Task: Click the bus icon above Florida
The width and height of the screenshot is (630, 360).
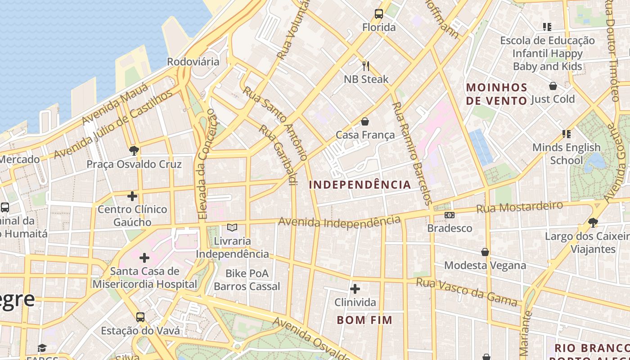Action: point(379,14)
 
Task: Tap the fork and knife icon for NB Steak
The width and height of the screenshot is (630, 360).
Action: point(366,66)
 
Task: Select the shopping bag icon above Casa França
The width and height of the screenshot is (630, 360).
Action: point(365,121)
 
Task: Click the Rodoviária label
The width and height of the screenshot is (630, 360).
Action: point(193,62)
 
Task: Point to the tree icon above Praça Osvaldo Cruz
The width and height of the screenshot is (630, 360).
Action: point(134,151)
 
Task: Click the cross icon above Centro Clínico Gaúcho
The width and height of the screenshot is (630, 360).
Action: point(132,196)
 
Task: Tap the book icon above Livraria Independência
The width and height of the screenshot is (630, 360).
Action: point(232,228)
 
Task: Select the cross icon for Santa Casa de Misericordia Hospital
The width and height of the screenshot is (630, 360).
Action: point(144,258)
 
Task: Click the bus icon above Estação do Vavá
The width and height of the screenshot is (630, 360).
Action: point(140,317)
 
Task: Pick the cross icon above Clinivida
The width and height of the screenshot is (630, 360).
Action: point(355,288)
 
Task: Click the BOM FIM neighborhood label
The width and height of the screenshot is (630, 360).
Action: point(364,320)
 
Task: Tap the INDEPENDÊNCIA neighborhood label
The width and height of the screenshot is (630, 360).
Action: point(360,184)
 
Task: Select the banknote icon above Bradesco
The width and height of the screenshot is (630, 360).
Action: point(449,215)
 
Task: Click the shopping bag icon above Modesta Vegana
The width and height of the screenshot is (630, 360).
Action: point(485,252)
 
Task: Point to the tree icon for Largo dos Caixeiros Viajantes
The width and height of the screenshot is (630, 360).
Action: point(593,222)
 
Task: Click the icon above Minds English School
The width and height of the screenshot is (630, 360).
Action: point(566,134)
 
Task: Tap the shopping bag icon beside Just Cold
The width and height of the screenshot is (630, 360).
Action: point(553,86)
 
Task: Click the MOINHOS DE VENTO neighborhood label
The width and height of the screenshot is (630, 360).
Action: point(496,94)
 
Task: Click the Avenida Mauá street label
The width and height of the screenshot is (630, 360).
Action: point(115,104)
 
